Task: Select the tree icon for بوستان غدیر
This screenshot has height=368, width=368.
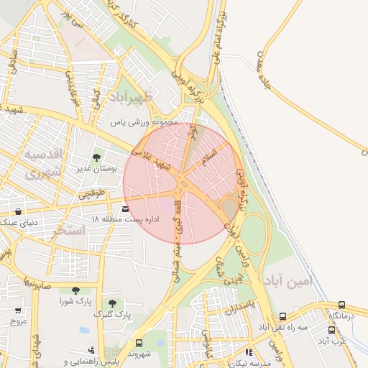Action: [x=96, y=157]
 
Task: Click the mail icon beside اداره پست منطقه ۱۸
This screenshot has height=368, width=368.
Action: [x=126, y=209]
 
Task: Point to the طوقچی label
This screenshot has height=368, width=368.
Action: [x=91, y=193]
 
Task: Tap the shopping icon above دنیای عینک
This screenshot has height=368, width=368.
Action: [x=17, y=212]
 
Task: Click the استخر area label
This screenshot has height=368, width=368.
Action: [x=69, y=230]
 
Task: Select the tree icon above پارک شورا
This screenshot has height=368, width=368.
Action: [x=75, y=290]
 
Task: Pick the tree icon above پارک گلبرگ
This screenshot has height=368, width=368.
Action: [x=112, y=303]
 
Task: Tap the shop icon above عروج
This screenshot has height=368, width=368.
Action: [x=18, y=311]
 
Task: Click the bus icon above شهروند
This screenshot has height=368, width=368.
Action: [x=138, y=343]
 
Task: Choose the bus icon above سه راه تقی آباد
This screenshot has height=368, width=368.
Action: [x=282, y=316]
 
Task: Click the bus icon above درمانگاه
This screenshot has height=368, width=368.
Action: [x=341, y=305]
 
